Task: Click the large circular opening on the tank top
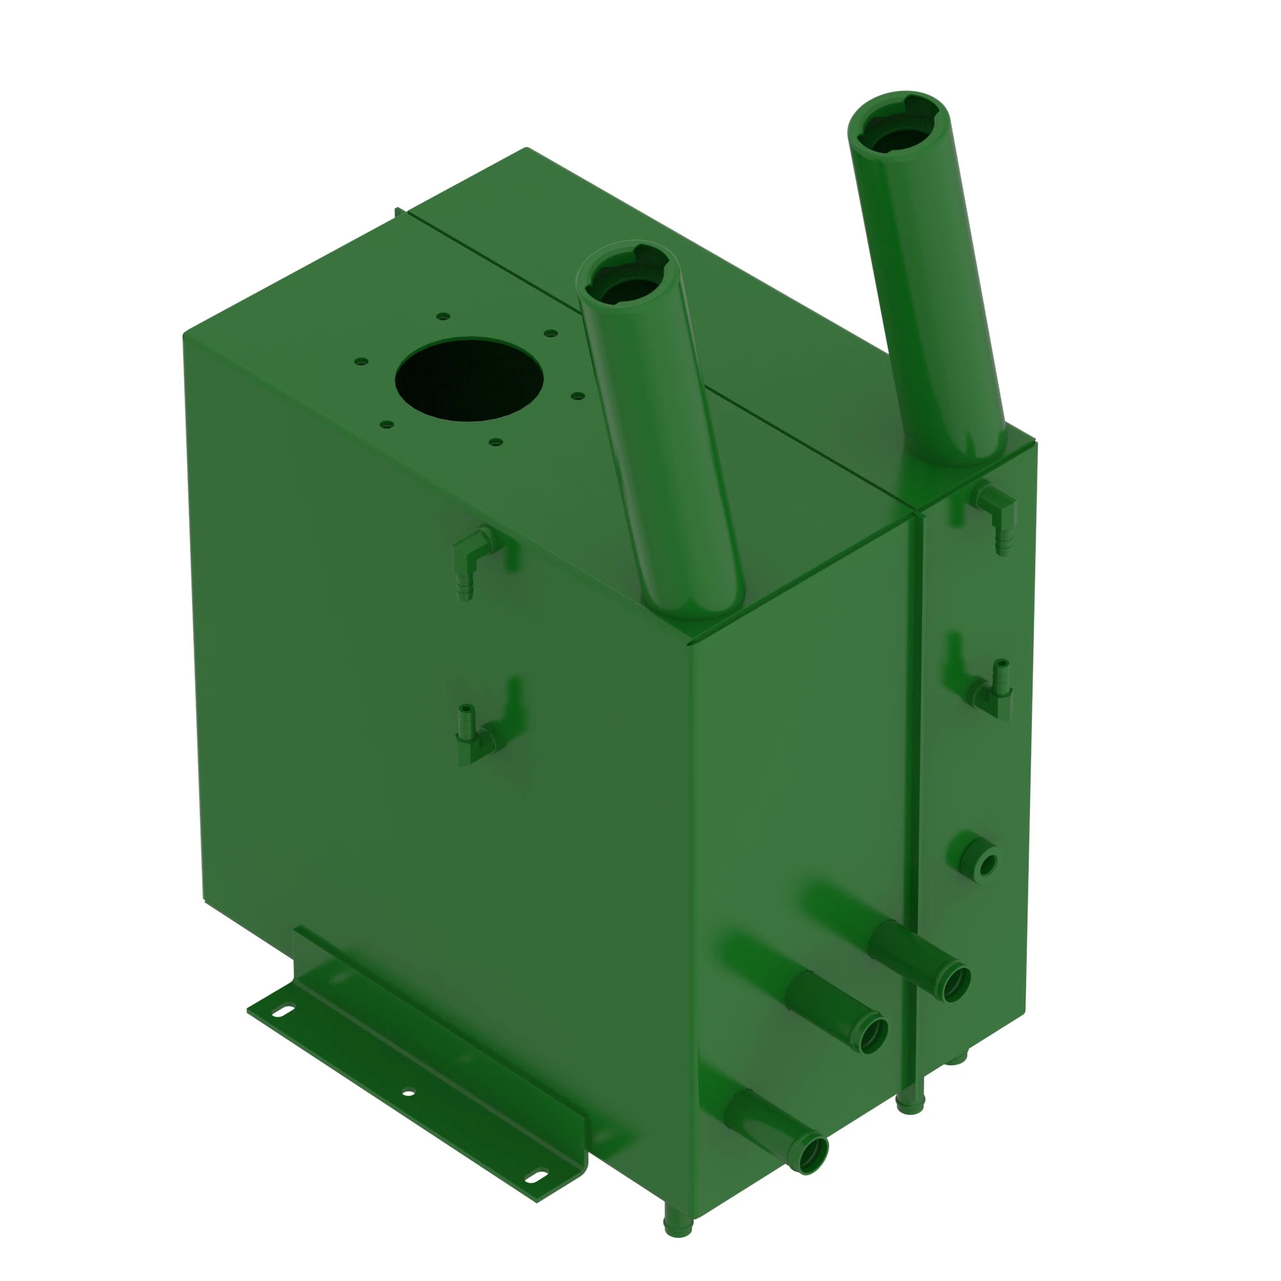tap(469, 379)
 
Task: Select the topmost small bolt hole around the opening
tap(444, 316)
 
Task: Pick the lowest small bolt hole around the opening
tap(495, 441)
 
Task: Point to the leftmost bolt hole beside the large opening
tap(361, 361)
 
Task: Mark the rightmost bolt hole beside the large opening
tap(578, 396)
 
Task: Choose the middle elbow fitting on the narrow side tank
tap(995, 692)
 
